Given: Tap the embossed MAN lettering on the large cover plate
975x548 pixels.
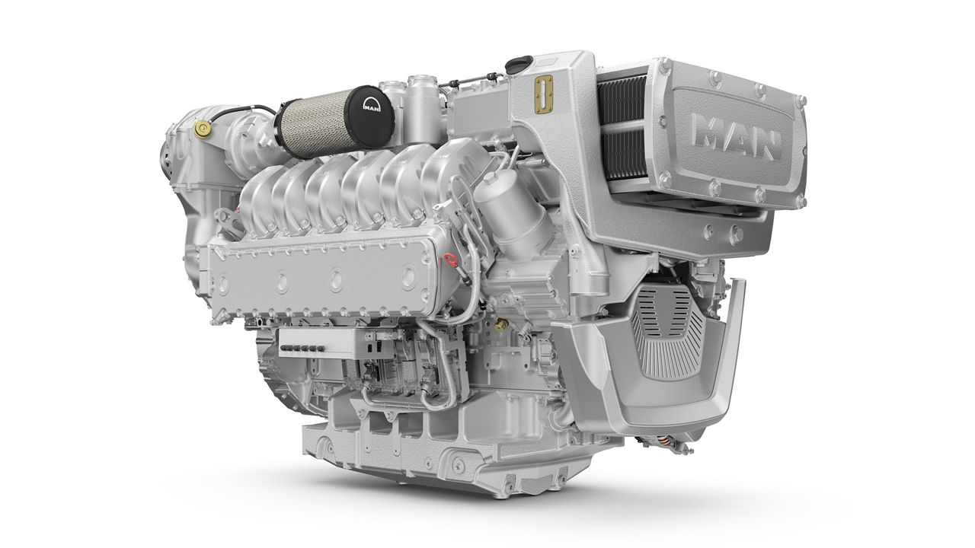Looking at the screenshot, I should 736,139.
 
